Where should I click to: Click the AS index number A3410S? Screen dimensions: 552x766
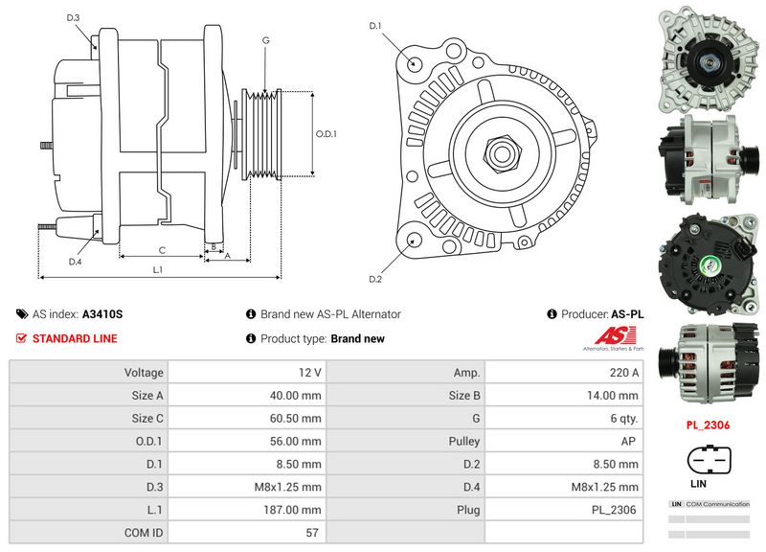102,314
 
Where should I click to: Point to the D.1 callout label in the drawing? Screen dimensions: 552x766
375,26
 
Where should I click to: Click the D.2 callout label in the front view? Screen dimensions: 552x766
375,279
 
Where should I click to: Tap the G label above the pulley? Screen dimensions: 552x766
264,40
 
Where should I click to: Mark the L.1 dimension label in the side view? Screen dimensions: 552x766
159,270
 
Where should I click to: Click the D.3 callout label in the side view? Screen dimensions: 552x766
74,18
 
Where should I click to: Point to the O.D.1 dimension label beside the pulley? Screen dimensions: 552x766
327,133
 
